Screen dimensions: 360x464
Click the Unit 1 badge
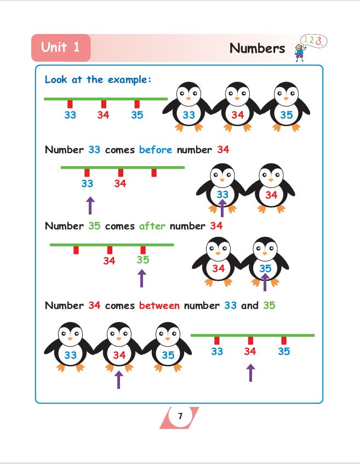(x=61, y=48)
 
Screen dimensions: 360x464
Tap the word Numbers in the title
(x=257, y=48)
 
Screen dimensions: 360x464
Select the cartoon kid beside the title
(x=299, y=52)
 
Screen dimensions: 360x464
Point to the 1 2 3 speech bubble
(x=313, y=41)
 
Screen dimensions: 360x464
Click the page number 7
(x=180, y=416)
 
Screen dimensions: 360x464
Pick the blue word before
(x=156, y=149)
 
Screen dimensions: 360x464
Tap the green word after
(x=152, y=226)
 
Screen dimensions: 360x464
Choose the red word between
(x=159, y=305)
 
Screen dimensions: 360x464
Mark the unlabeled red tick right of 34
(x=154, y=173)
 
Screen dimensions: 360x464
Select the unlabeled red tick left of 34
(x=76, y=250)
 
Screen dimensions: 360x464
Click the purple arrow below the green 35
(x=142, y=278)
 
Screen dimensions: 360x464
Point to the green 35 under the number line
(x=143, y=260)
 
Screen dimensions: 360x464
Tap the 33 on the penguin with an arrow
(x=222, y=194)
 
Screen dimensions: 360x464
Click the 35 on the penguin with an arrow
(x=265, y=268)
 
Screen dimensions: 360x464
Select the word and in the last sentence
(x=250, y=305)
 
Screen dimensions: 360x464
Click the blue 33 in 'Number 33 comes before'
(x=94, y=149)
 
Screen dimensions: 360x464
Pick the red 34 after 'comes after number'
(x=216, y=226)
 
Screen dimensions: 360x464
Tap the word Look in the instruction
(x=56, y=80)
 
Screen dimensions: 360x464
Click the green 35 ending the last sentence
(x=269, y=305)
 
